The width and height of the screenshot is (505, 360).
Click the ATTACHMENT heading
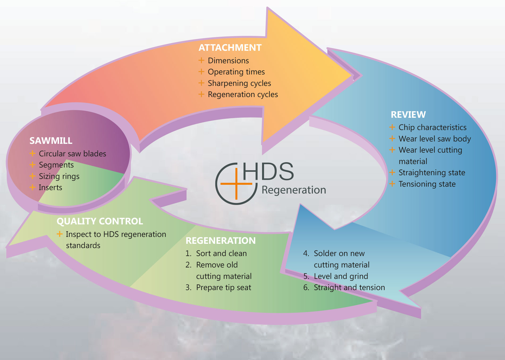point(230,48)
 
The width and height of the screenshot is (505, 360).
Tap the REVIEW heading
point(408,115)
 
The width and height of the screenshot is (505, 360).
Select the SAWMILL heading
point(51,141)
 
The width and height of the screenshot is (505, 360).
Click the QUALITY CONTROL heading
point(100,221)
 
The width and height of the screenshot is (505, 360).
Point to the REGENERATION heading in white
point(220,241)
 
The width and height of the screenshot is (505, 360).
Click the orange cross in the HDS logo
point(236,184)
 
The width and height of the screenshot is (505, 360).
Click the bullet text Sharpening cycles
point(239,83)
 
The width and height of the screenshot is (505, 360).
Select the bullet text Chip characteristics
point(432,127)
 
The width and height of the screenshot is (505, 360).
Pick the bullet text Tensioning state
point(427,184)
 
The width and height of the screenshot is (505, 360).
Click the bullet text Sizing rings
point(59,176)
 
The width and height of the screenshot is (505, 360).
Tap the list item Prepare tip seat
point(223,287)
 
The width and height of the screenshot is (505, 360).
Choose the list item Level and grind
point(341,276)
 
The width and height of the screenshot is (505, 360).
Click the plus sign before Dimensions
point(201,60)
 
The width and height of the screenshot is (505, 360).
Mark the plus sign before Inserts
point(32,187)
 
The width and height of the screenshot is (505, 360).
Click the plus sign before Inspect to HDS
point(60,234)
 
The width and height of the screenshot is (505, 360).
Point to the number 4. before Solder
point(306,253)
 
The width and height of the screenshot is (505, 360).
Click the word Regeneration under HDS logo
point(294,190)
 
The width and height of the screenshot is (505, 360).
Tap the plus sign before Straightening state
point(392,173)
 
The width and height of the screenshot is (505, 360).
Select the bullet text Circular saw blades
point(72,154)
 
